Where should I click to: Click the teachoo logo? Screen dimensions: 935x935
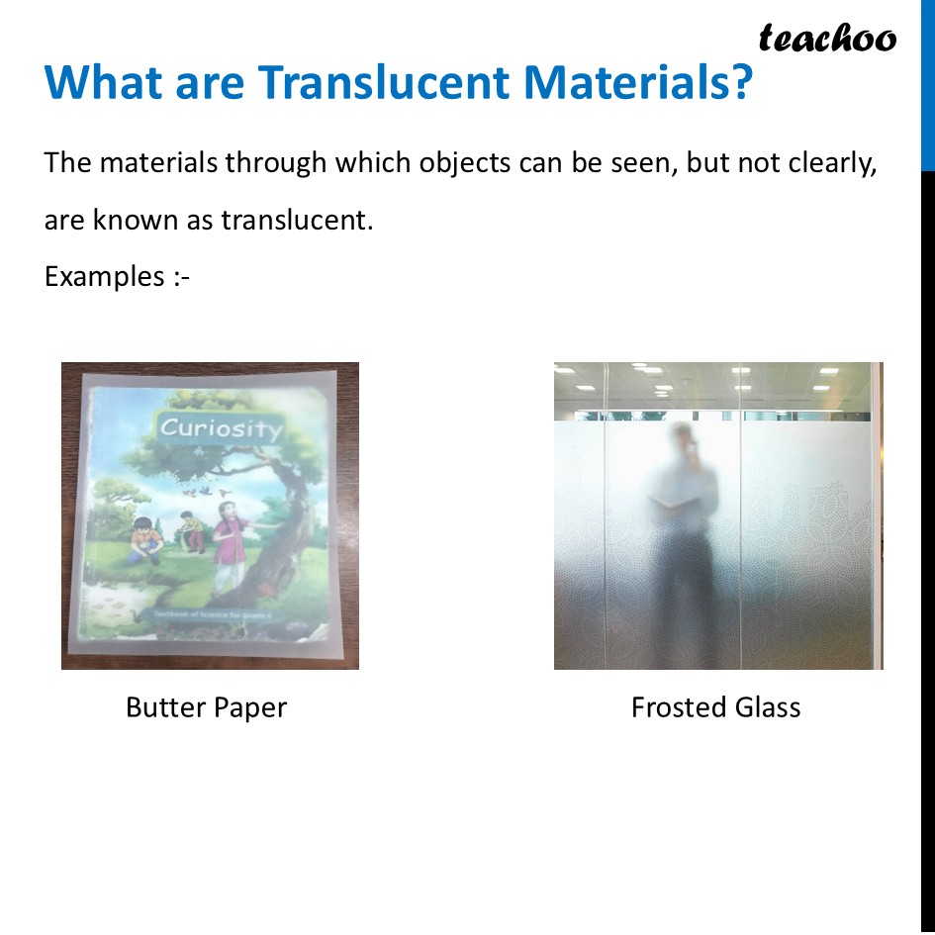(x=827, y=39)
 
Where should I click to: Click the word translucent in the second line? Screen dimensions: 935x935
(x=296, y=219)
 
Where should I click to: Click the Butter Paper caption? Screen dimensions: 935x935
(x=206, y=707)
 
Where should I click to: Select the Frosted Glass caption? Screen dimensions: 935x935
(x=715, y=707)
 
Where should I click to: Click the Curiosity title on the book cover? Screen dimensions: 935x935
(x=221, y=427)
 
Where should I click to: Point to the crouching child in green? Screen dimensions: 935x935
(x=191, y=531)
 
